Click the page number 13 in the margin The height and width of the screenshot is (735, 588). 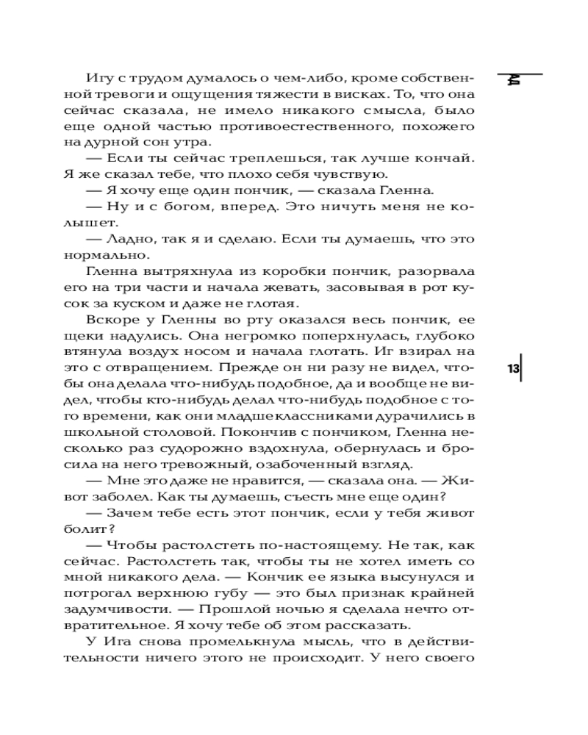point(513,369)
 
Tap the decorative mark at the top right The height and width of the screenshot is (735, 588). point(514,79)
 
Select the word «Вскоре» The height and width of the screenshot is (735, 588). point(110,320)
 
